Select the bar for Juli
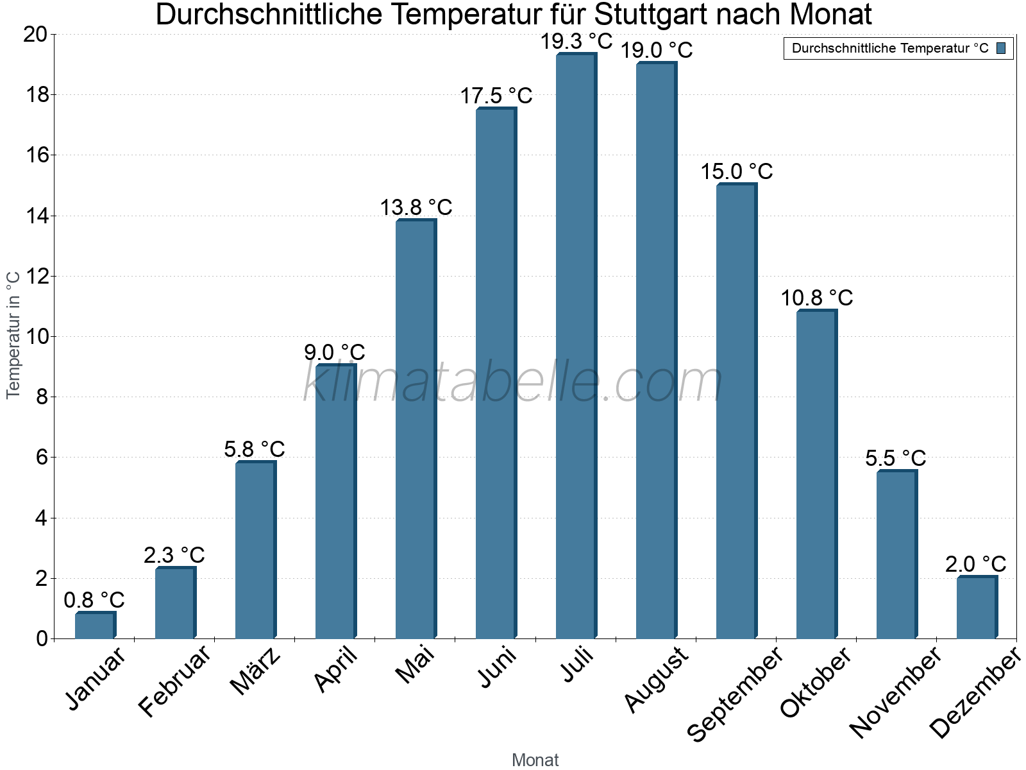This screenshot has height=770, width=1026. click(575, 346)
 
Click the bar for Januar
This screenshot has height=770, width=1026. click(95, 626)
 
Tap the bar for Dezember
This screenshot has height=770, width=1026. click(976, 608)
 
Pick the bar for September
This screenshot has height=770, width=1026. click(736, 411)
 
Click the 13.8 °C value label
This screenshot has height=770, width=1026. click(416, 207)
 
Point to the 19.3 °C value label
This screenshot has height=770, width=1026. click(576, 42)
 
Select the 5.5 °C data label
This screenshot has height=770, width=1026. click(896, 458)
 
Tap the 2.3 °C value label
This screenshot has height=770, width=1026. click(174, 554)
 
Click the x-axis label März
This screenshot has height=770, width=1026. click(256, 671)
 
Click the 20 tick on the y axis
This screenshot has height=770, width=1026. click(35, 34)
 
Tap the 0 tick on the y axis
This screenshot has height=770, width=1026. click(42, 638)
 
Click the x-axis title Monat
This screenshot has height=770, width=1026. click(535, 760)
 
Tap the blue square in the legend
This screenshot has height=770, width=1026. click(1002, 48)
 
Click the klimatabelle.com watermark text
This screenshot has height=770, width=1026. click(513, 382)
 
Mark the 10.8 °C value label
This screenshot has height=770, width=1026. click(816, 298)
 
